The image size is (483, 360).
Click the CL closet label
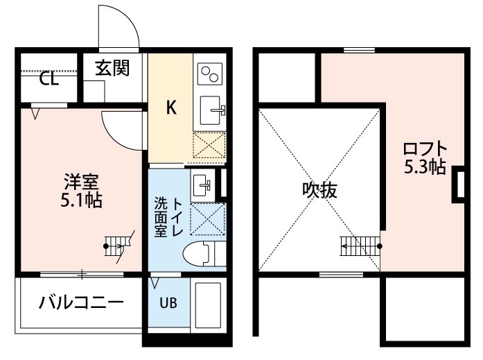pyautogui.click(x=49, y=79)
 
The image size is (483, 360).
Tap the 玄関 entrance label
pyautogui.click(x=112, y=68)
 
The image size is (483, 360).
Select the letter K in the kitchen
pyautogui.click(x=171, y=108)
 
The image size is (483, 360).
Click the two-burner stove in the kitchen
pyautogui.click(x=210, y=74)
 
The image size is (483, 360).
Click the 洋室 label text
pyautogui.click(x=81, y=182)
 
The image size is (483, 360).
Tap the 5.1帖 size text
pyautogui.click(x=81, y=200)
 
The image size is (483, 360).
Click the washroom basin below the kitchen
pyautogui.click(x=202, y=185)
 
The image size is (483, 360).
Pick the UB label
pyautogui.click(x=168, y=303)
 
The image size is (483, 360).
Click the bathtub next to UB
pyautogui.click(x=208, y=305)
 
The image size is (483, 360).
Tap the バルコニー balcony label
pyautogui.click(x=81, y=302)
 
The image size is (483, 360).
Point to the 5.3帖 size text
pyautogui.click(x=425, y=166)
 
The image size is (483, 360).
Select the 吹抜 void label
pyautogui.click(x=319, y=190)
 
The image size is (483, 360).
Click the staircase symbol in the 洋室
pyautogui.click(x=118, y=246)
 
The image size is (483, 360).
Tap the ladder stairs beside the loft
pyautogui.click(x=361, y=246)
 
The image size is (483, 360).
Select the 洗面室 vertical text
pyautogui.click(x=161, y=216)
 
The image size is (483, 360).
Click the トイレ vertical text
pyautogui.click(x=177, y=216)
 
